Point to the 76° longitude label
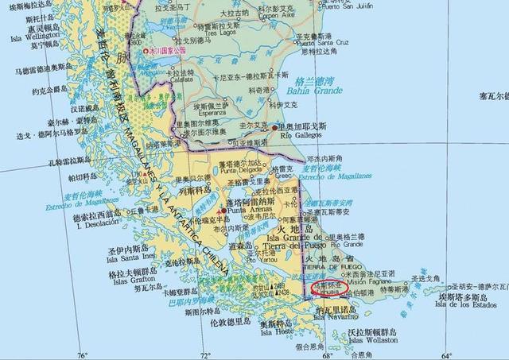(x=82, y=354)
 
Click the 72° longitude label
(x=206, y=354)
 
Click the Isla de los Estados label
(x=468, y=304)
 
